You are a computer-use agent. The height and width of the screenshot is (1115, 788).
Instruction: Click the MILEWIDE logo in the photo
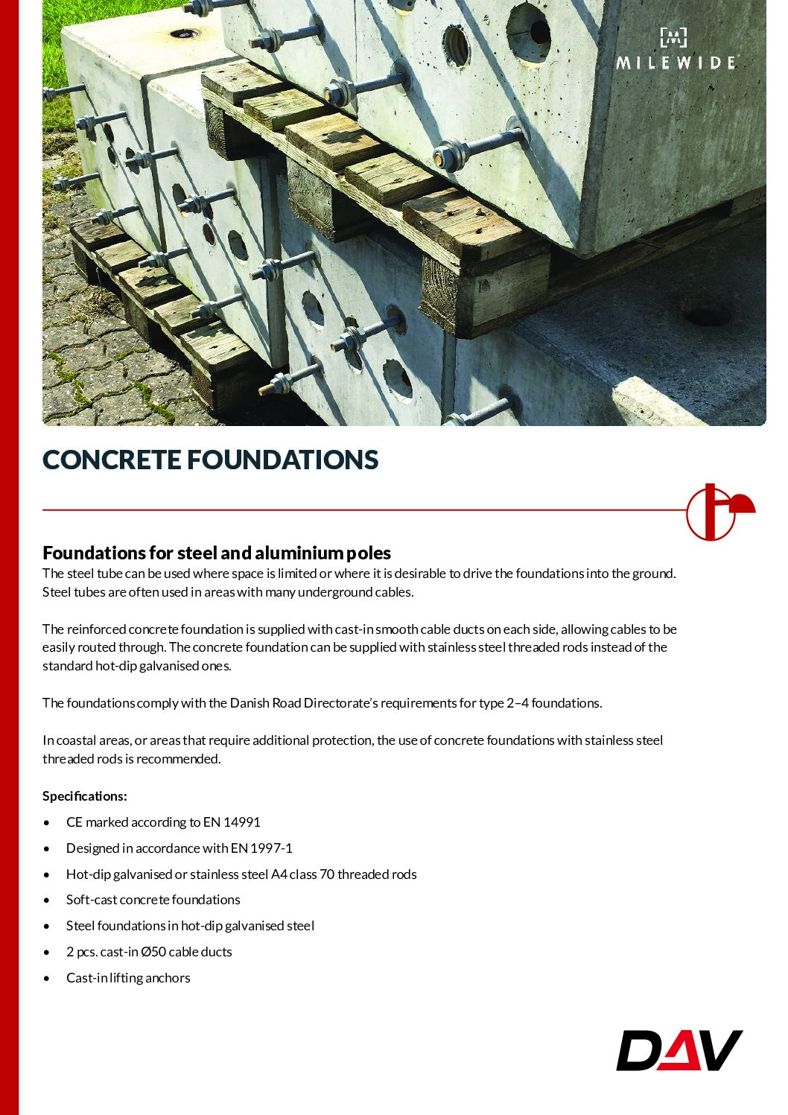[x=676, y=51]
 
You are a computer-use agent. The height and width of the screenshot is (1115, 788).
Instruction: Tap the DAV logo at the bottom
[x=679, y=1049]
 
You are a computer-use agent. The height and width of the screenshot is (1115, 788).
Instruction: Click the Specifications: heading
[x=84, y=796]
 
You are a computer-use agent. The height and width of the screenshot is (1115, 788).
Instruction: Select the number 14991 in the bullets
[x=242, y=822]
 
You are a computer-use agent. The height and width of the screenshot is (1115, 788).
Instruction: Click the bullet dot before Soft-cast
[x=48, y=900]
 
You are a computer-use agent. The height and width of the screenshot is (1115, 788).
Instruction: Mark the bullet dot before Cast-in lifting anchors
[x=48, y=979]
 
